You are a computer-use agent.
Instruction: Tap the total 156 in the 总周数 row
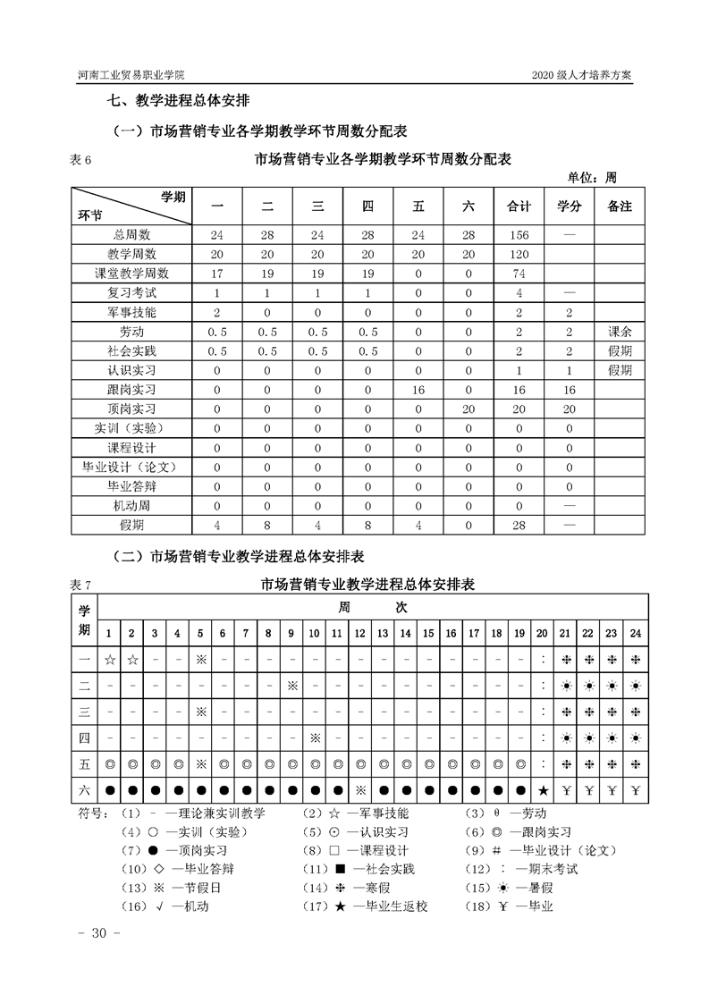(x=519, y=235)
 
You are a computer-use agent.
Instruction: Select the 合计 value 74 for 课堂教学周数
(x=519, y=274)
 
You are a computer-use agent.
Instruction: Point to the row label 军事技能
(x=131, y=312)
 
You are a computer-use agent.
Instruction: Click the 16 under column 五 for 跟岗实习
(x=418, y=390)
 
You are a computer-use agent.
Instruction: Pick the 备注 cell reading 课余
(x=620, y=332)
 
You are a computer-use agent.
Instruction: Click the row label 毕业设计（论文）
(x=131, y=467)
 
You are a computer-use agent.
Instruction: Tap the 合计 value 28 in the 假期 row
(x=519, y=525)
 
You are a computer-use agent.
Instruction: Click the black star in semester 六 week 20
(x=542, y=791)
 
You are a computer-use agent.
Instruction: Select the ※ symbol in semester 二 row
(x=291, y=685)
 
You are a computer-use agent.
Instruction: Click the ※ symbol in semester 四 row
(x=315, y=737)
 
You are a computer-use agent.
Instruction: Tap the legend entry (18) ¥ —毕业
(x=509, y=906)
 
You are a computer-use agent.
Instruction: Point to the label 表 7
(x=80, y=586)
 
